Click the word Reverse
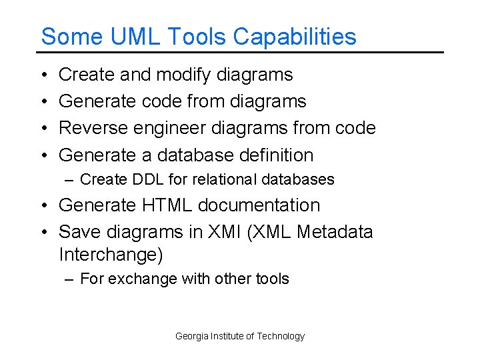[x=93, y=128]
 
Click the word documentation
[x=265, y=205]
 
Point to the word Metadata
[x=335, y=232]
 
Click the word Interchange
[x=111, y=255]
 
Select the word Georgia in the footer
[x=191, y=336]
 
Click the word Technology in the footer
[x=281, y=336]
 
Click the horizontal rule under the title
[x=240, y=52]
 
